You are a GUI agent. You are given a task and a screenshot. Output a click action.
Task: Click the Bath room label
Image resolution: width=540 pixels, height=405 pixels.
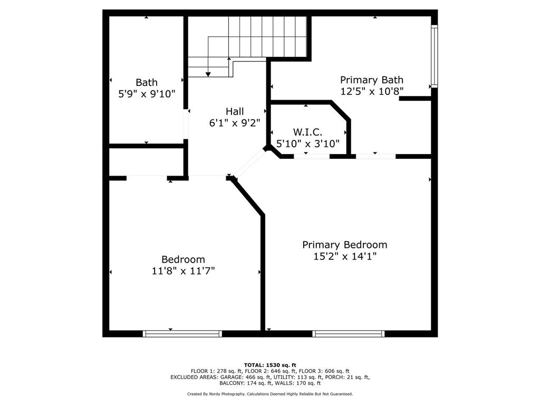[x=147, y=82]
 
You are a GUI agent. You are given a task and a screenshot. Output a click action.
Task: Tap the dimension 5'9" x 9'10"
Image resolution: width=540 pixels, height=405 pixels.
[x=147, y=94]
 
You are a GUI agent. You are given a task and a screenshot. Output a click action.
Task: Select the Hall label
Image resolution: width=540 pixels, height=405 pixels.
[x=235, y=111]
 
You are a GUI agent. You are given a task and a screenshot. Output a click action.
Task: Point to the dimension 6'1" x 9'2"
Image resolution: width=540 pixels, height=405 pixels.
[x=235, y=123]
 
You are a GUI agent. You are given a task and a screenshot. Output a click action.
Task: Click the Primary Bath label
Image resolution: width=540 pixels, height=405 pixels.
[x=371, y=80]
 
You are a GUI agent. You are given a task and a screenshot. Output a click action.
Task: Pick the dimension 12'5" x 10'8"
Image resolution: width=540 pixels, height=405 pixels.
[x=371, y=91]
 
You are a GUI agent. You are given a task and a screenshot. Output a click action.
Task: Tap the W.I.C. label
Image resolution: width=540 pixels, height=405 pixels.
[x=307, y=132]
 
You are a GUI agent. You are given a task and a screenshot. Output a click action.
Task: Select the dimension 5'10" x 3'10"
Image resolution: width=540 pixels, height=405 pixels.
[x=307, y=143]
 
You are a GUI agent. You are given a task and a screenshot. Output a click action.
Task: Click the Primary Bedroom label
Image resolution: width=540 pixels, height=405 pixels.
[x=344, y=245]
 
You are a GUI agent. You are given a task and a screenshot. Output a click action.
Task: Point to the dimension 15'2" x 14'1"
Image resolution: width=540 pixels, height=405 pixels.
[x=344, y=257]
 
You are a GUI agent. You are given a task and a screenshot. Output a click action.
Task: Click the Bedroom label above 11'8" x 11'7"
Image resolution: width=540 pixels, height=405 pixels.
[x=183, y=259]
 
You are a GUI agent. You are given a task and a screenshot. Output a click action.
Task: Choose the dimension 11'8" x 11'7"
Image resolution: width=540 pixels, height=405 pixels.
[x=183, y=271]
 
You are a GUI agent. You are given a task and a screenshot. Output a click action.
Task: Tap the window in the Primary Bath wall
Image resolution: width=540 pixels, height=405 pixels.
[x=434, y=56]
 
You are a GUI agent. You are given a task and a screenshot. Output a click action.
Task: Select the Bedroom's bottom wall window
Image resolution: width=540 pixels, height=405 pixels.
[x=182, y=333]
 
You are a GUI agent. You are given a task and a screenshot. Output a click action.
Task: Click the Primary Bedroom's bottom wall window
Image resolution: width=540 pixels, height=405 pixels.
[x=349, y=333]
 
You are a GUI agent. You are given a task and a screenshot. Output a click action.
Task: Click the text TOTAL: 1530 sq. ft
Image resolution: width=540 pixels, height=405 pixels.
[x=270, y=365]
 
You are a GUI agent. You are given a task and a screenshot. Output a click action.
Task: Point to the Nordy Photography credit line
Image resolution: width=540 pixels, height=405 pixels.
[x=270, y=394]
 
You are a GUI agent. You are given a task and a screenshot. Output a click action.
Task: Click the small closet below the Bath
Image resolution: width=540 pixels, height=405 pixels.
[x=146, y=161]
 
